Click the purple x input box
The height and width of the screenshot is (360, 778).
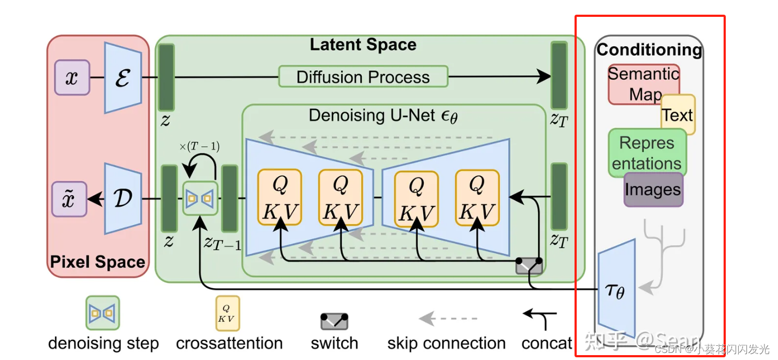coord(72,78)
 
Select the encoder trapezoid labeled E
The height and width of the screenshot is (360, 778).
coord(123,78)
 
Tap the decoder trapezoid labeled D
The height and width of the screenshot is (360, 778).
coord(123,199)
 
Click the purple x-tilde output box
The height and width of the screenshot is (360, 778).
coord(69,199)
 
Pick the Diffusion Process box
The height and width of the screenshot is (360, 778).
coord(363,77)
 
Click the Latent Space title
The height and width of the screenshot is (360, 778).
coord(363,45)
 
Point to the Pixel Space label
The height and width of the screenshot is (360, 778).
coord(97,262)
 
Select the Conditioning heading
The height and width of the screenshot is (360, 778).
coord(649,50)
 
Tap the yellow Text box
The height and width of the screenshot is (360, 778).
coord(678,115)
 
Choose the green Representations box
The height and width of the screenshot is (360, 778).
coord(646,152)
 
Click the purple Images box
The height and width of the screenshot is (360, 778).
coord(653,190)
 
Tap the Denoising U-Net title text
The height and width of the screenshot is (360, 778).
coord(383,116)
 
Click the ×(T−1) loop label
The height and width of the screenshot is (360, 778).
coord(199,147)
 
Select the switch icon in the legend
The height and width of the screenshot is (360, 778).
coord(334,321)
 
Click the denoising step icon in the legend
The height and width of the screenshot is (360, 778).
coord(103,313)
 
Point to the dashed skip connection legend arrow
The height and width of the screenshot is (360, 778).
coord(447,318)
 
